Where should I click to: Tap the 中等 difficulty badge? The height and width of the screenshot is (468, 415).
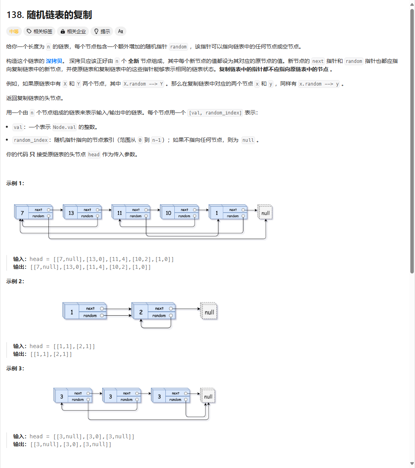[x=14, y=31]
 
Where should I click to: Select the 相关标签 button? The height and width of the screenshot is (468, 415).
[x=39, y=31]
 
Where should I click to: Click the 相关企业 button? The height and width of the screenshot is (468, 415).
[x=73, y=31]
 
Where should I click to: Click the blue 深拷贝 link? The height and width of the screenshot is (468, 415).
[x=54, y=61]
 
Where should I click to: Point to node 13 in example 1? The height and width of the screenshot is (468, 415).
[x=71, y=213]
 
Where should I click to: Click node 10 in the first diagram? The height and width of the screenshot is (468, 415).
[x=168, y=213]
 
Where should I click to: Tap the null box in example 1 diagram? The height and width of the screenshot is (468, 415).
[x=265, y=213]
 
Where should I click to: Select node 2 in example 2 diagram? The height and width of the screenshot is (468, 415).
[x=141, y=312]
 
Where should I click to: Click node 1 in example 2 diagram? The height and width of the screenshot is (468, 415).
[x=72, y=312]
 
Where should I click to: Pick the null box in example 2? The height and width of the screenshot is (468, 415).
[x=209, y=312]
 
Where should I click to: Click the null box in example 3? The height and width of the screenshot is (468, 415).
[x=208, y=397]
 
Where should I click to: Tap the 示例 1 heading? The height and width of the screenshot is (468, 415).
[x=15, y=183]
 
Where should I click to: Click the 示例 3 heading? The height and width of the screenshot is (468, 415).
[x=15, y=368]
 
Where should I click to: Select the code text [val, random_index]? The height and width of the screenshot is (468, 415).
[x=215, y=113]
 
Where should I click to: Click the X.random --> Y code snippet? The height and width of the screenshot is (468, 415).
[x=143, y=84]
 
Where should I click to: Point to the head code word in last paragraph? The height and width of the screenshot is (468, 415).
[x=94, y=154]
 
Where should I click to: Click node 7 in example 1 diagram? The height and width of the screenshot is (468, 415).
[x=22, y=213]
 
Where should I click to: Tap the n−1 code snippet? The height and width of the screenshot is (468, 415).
[x=156, y=140]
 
